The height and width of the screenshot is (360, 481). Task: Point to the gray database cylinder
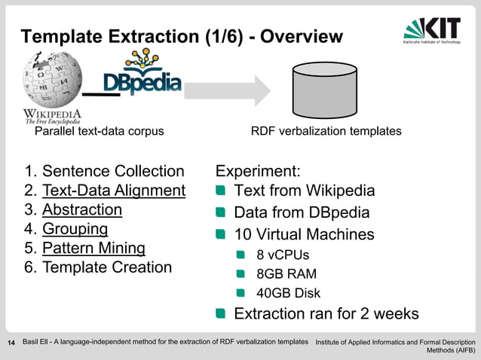pyautogui.click(x=326, y=90)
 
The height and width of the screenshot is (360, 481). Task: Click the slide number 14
pyautogui.click(x=11, y=344)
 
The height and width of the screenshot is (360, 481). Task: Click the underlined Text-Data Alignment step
pyautogui.click(x=113, y=191)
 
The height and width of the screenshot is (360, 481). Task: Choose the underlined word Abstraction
pyautogui.click(x=82, y=209)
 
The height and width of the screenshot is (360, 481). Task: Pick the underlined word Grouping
pyautogui.click(x=75, y=228)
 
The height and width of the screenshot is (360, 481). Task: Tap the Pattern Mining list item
pyautogui.click(x=93, y=248)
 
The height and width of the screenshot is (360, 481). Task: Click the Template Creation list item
pyautogui.click(x=106, y=267)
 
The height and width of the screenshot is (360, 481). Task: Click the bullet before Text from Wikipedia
pyautogui.click(x=222, y=191)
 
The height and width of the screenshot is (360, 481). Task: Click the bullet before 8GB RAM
pyautogui.click(x=241, y=274)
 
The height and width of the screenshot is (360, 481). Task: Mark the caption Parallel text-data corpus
pyautogui.click(x=100, y=132)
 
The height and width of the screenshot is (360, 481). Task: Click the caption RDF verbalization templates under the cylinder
pyautogui.click(x=326, y=132)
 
